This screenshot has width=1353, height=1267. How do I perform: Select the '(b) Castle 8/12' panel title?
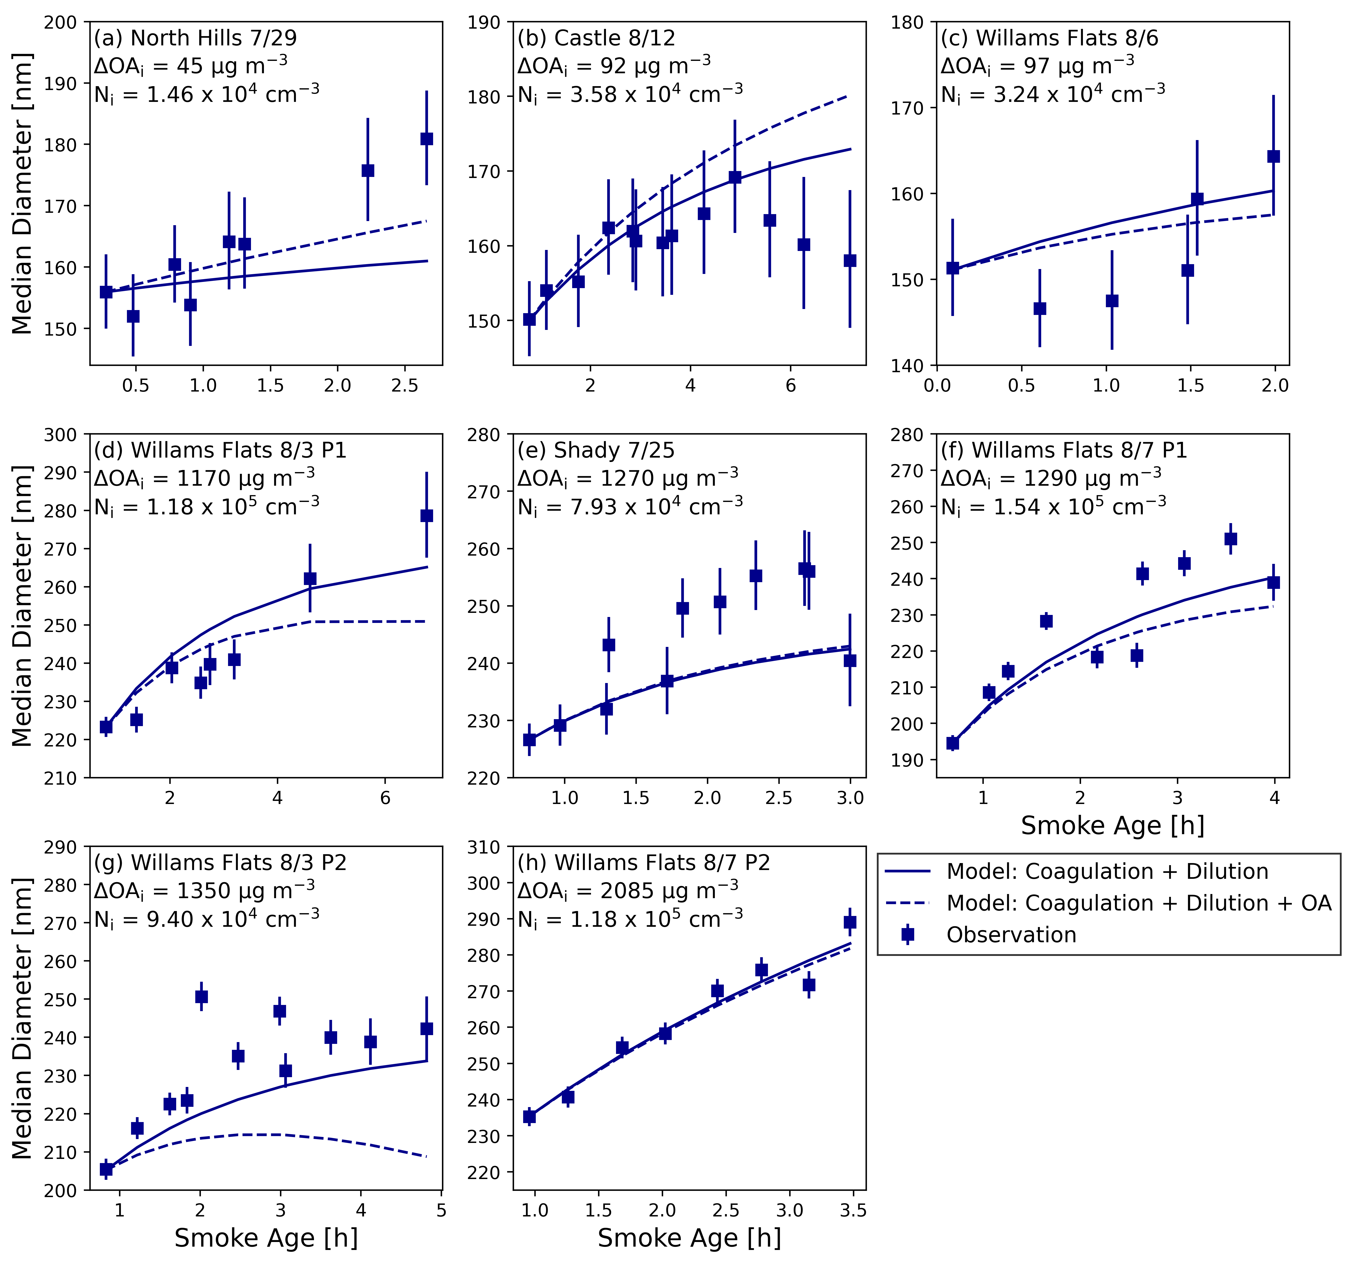coord(596,38)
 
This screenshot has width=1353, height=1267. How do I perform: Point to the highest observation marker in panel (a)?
coord(427,139)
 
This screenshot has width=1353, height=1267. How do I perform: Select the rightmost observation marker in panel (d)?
coord(427,516)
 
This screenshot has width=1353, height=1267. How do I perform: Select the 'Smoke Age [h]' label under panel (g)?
coord(266,1238)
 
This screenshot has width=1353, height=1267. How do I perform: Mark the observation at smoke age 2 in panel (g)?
coord(201,997)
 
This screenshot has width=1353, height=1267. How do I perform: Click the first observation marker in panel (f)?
coord(953,743)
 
